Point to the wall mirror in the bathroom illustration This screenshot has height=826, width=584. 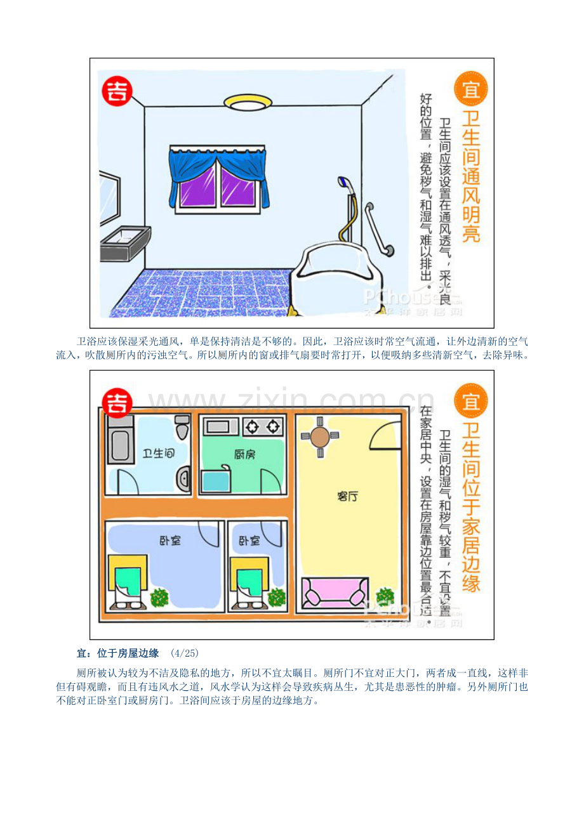110,197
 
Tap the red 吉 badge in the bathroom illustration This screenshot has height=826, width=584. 117,91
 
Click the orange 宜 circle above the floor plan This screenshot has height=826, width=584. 471,401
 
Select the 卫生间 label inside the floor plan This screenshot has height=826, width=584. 159,453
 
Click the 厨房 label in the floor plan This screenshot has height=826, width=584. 244,454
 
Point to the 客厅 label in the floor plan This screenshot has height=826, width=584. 347,496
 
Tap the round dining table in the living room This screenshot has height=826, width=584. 320,437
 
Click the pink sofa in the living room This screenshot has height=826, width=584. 335,593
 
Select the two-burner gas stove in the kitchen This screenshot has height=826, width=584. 263,427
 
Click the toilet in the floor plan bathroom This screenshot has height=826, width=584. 182,427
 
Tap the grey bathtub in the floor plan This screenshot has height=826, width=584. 120,439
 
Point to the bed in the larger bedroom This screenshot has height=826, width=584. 128,582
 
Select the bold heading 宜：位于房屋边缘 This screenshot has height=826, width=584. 117,653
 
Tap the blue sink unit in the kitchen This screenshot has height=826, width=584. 216,480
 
